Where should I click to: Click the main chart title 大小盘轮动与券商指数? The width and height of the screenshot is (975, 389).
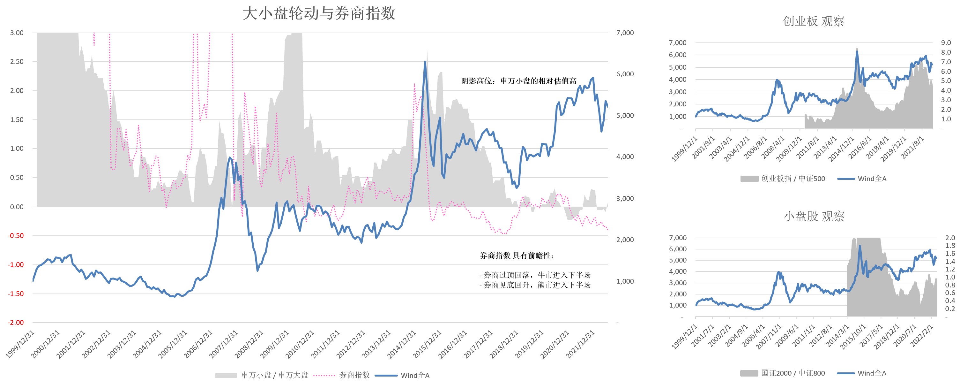319,14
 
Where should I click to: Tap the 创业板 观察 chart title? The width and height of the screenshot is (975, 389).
813,21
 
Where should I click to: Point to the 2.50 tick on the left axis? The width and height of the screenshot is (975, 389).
17,61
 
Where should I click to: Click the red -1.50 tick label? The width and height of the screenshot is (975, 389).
16,294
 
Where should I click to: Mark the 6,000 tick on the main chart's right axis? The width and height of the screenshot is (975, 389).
624,74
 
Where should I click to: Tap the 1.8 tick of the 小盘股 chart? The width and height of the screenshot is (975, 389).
950,246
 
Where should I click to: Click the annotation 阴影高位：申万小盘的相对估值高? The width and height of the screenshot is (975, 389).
518,81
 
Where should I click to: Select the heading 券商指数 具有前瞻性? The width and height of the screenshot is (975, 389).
516,256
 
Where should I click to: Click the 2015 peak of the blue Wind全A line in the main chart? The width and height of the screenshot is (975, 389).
425,62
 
